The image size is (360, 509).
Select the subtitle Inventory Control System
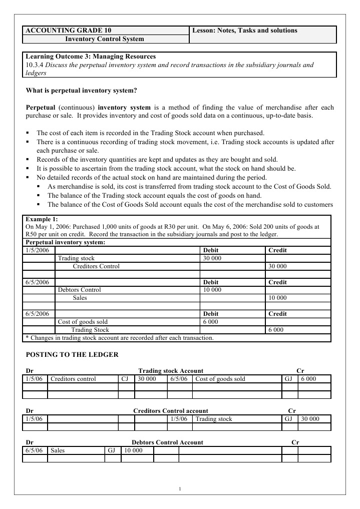pyautogui.click(x=105, y=39)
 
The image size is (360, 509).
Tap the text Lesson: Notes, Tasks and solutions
pyautogui.click(x=245, y=31)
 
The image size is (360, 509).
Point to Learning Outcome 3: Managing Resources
pyautogui.click(x=91, y=57)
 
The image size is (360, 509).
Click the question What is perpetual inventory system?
pyautogui.click(x=81, y=91)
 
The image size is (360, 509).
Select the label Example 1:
pyautogui.click(x=42, y=219)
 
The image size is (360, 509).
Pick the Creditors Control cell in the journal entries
pyautogui.click(x=96, y=266)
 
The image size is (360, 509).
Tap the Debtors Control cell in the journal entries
pyautogui.click(x=79, y=290)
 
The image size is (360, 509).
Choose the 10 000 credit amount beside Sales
pyautogui.click(x=277, y=298)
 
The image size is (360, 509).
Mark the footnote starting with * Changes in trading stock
pyautogui.click(x=120, y=338)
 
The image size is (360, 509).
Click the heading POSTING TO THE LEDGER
pyautogui.click(x=72, y=355)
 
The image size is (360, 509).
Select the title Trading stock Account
pyautogui.click(x=171, y=371)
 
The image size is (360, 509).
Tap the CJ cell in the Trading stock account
pyautogui.click(x=125, y=379)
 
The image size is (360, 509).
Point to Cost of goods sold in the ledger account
pyautogui.click(x=220, y=379)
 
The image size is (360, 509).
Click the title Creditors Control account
pyautogui.click(x=170, y=411)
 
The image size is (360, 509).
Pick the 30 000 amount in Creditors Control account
pyautogui.click(x=310, y=419)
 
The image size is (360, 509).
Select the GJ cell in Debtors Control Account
pyautogui.click(x=111, y=450)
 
